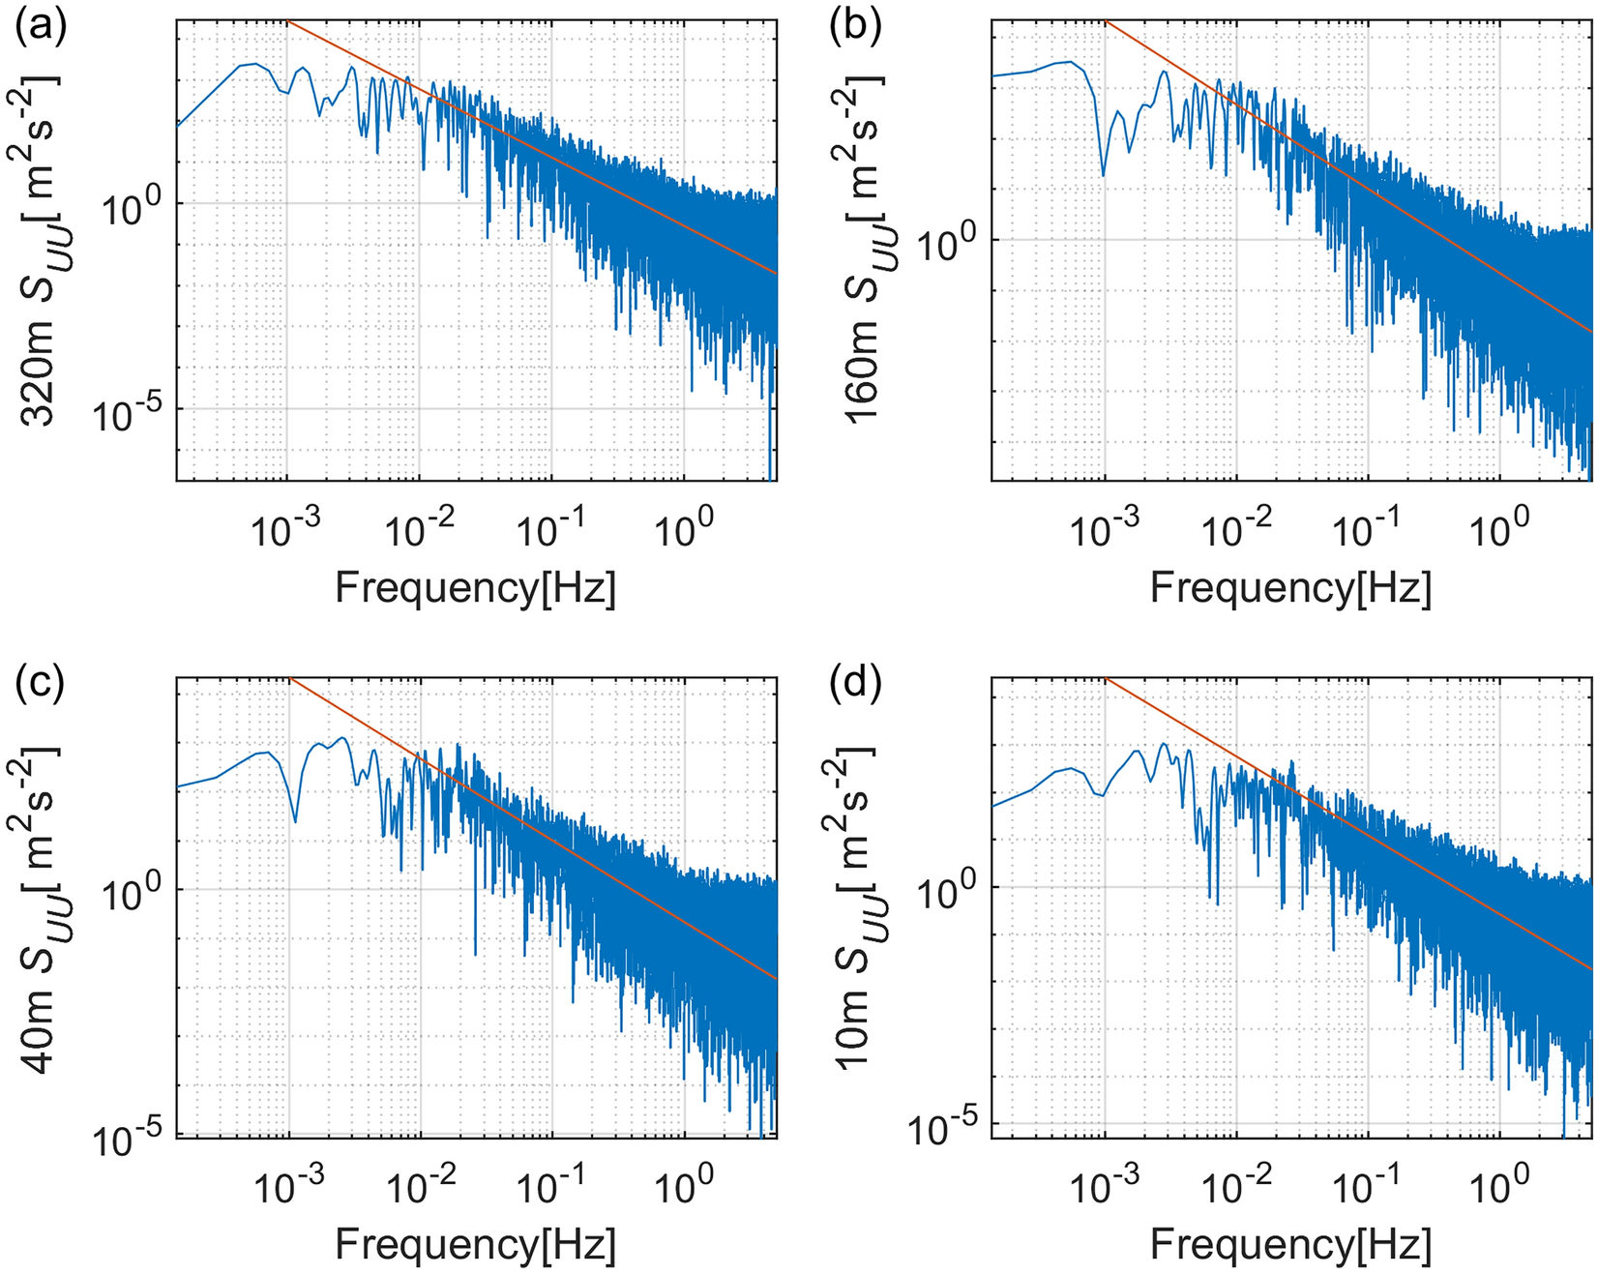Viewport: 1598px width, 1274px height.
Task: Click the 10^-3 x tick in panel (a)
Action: pyautogui.click(x=288, y=530)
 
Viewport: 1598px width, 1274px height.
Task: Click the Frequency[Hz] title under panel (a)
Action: pyautogui.click(x=475, y=587)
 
